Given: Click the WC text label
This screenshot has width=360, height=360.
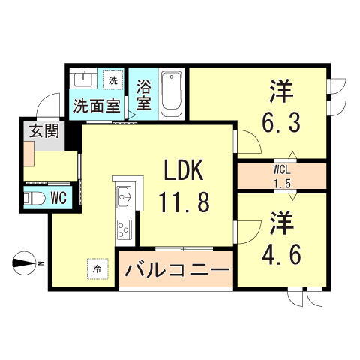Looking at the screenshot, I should click(58, 198).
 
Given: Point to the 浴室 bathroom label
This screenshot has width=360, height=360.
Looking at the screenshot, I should click(144, 92).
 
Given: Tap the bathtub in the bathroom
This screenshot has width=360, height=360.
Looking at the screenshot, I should click(172, 92).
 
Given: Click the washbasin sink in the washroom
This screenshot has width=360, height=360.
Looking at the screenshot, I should click(82, 79).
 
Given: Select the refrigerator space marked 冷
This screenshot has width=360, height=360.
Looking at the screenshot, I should click(97, 267).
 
